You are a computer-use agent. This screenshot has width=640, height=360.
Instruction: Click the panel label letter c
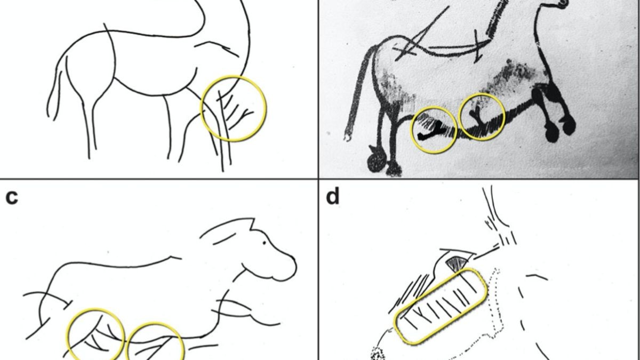coord(12,197)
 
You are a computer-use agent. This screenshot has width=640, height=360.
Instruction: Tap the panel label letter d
coord(332,197)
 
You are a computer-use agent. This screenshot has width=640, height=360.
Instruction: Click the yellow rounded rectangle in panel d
coord(441,306)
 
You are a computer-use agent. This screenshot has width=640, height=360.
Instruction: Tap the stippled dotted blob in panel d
coord(378,353)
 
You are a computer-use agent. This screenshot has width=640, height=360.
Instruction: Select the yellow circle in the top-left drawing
coord(234,109)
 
